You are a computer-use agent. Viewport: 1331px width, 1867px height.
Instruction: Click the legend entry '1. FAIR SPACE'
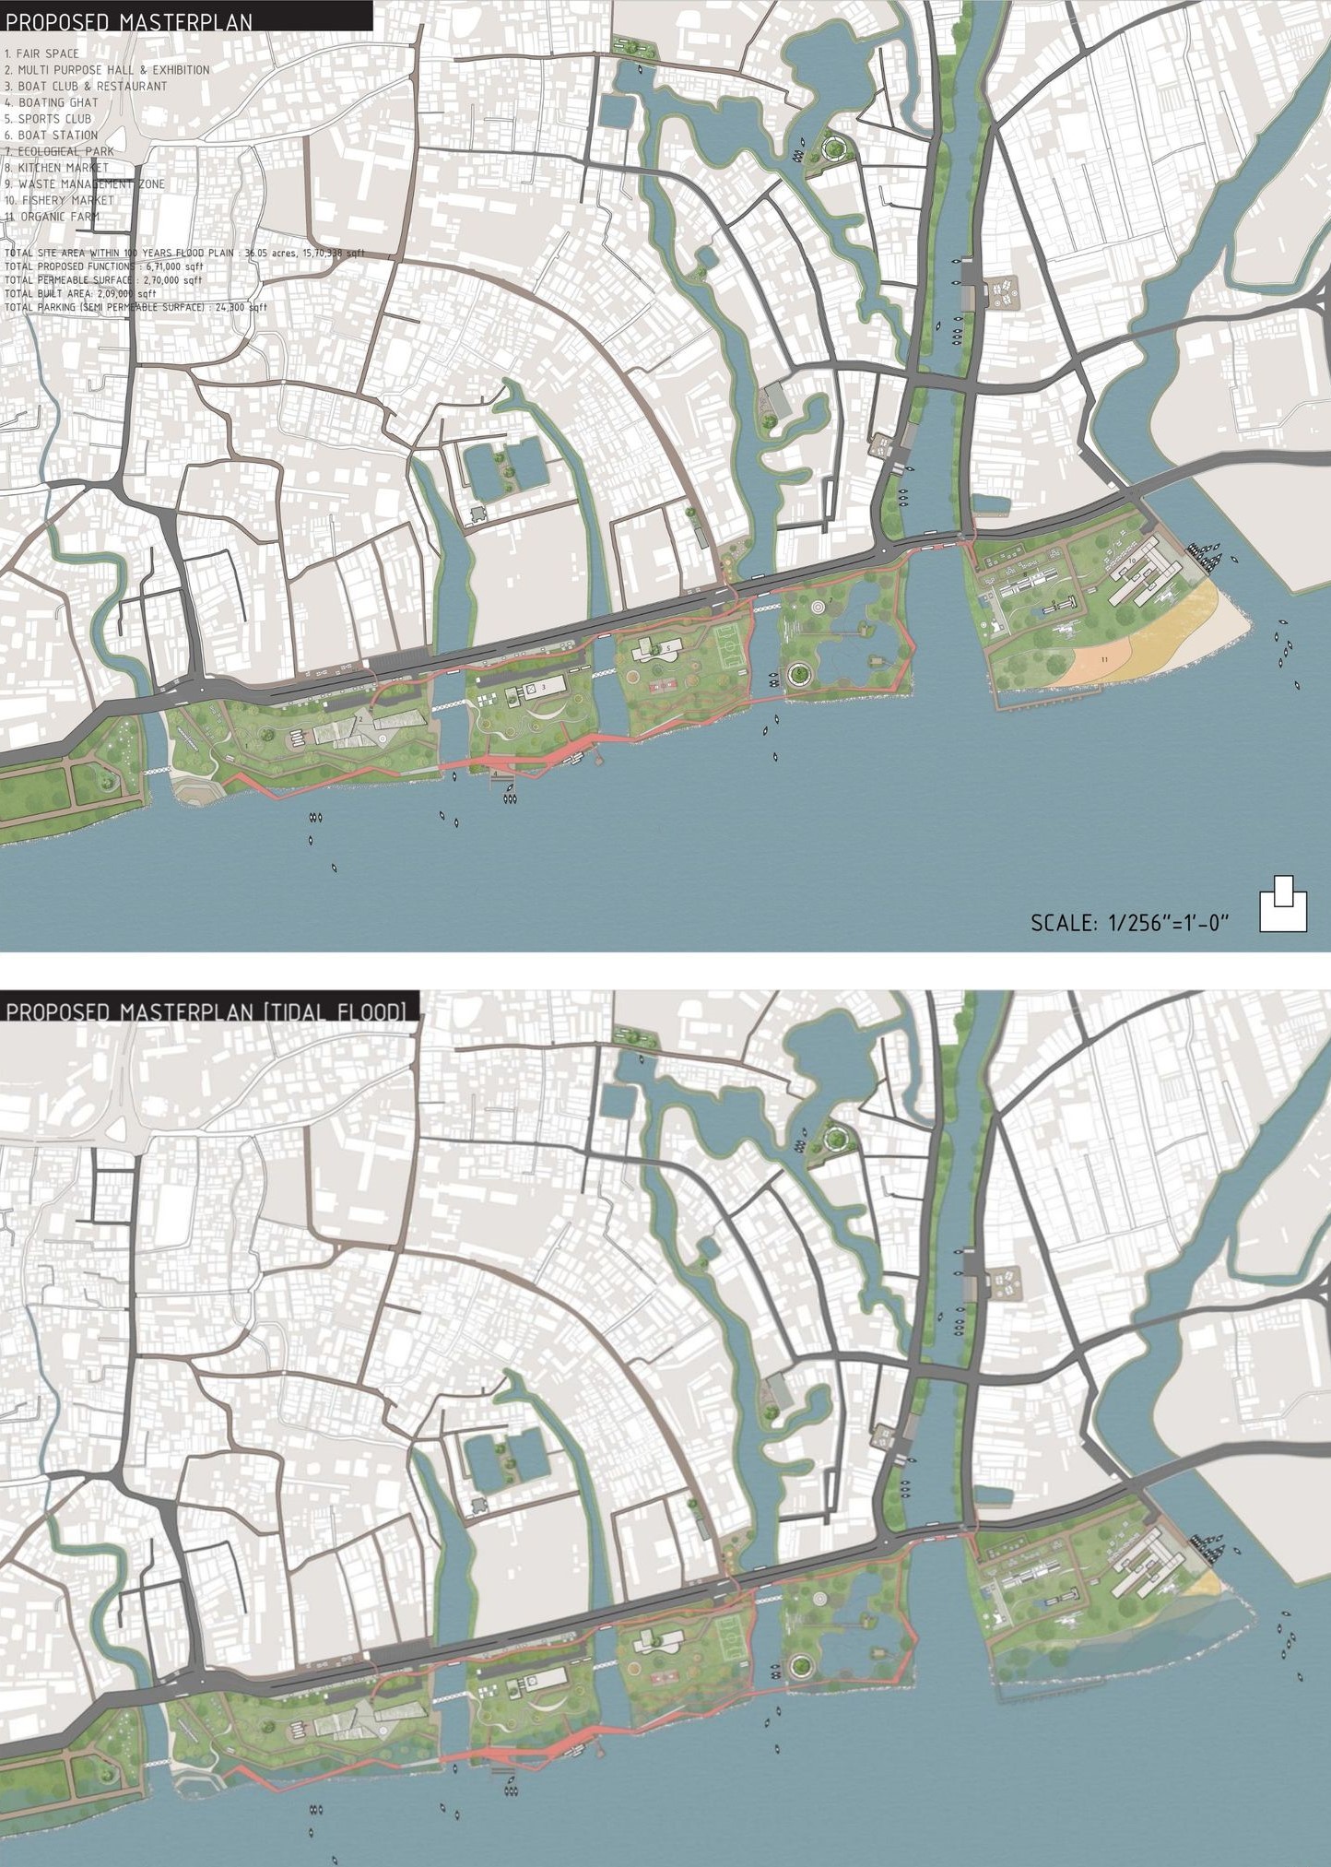(42, 53)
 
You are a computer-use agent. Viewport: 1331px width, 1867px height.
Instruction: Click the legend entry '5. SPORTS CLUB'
(48, 119)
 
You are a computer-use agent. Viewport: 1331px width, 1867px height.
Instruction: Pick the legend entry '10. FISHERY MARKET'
(59, 200)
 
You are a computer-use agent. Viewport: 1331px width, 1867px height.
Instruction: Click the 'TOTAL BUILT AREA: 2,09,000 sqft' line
(81, 293)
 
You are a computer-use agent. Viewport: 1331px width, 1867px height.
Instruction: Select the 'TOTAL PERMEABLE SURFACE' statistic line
(103, 279)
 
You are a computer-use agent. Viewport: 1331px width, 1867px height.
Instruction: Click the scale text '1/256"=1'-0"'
(1169, 923)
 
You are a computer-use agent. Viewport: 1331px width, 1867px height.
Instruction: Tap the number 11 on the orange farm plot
(1104, 659)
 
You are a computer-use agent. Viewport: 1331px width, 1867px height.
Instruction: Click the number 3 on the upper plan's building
(544, 687)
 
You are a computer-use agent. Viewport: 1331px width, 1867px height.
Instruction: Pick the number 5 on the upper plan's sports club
(667, 649)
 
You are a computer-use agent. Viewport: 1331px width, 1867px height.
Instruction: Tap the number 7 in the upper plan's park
(830, 601)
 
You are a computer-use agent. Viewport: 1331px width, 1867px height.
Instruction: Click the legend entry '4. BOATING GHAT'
(52, 102)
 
